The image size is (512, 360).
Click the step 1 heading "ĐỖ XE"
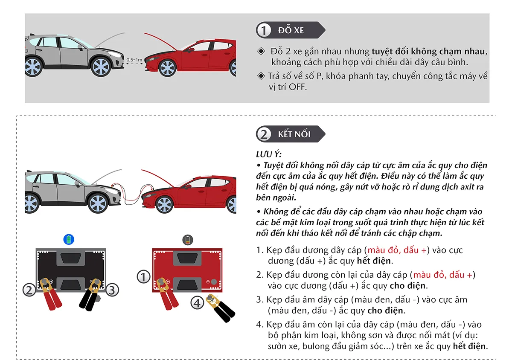pyautogui.click(x=291, y=30)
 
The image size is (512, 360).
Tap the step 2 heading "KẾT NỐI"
pyautogui.click(x=294, y=134)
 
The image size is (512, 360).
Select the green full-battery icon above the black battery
pyautogui.click(x=69, y=239)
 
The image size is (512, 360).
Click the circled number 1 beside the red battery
pyautogui.click(x=143, y=277)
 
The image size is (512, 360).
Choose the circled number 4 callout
pyautogui.click(x=196, y=303)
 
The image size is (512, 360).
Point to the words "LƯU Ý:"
pyautogui.click(x=268, y=154)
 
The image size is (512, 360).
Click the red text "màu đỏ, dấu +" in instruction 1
pyautogui.click(x=397, y=250)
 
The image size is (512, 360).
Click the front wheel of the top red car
pyautogui.click(x=167, y=68)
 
